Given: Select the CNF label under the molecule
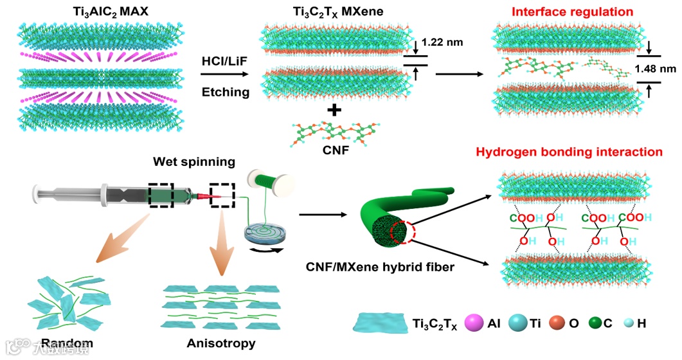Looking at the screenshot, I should [x=333, y=153].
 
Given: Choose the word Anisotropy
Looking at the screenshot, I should [x=220, y=343].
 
